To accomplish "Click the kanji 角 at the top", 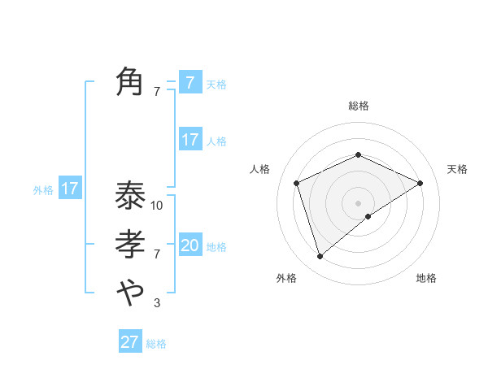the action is (x=130, y=82).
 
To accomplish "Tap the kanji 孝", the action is (x=130, y=245).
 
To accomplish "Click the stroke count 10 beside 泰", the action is (x=157, y=206).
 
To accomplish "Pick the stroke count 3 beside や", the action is (x=157, y=303).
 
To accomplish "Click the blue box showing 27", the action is (x=130, y=341).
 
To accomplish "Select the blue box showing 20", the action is (x=190, y=245).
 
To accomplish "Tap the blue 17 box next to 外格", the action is (x=70, y=189).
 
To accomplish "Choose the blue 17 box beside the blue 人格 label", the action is (x=190, y=140).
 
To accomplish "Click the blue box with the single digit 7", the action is (x=190, y=82).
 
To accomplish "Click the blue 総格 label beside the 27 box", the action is (x=156, y=344).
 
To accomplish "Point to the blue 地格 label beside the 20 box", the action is (x=216, y=247).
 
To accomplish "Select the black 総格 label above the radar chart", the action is (x=358, y=106).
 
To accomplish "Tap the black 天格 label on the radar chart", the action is (x=457, y=169).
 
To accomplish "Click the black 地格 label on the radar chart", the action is (x=426, y=278).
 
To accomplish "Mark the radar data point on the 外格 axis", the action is (x=320, y=257).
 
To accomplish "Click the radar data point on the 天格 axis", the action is (x=420, y=183).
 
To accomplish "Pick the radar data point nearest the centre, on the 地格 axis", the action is (x=368, y=216).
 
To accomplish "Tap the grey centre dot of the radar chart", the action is (x=358, y=202).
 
